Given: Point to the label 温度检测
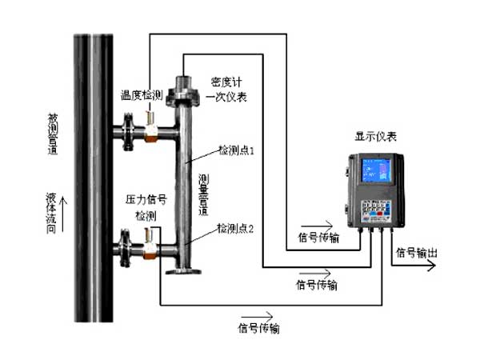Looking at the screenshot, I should (142, 94).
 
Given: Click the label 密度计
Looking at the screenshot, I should (226, 82).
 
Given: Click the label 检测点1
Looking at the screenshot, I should (236, 150).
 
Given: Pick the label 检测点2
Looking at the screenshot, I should (235, 229).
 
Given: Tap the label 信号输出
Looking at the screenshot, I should (417, 253).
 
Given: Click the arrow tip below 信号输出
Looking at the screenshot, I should (436, 266).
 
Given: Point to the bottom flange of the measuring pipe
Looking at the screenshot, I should (183, 273).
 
